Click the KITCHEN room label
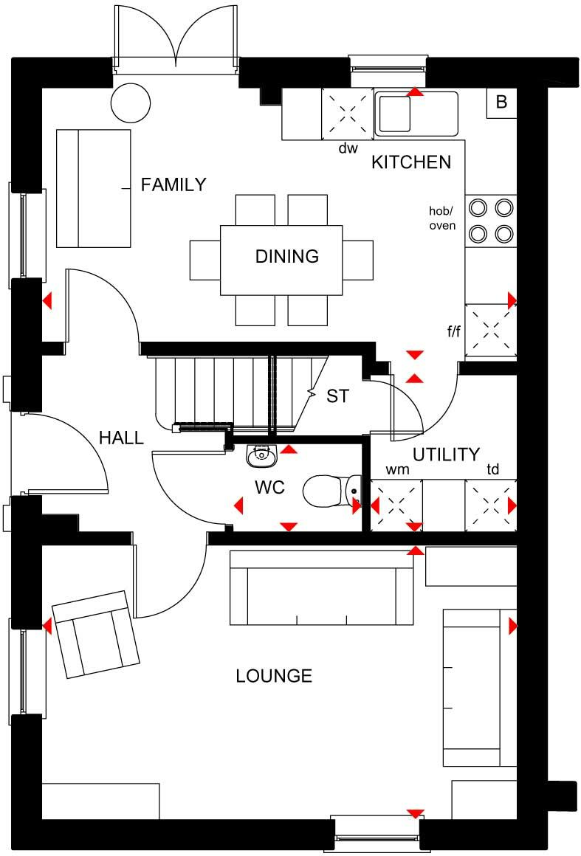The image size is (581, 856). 410,162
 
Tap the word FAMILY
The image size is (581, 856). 173,184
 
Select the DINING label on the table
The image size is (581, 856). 287,257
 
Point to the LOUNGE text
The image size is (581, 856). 274,676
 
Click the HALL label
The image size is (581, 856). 121,438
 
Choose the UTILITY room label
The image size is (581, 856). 446,455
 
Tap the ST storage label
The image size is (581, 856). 337,396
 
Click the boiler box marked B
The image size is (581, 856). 501,103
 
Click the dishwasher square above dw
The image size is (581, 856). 347,113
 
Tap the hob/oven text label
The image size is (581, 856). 443,218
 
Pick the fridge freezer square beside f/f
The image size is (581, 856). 490,331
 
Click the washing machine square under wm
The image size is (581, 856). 395,505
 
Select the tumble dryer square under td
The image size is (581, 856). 490,505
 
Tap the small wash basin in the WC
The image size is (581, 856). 260,456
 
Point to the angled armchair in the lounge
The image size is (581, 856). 96,634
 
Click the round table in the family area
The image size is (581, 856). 131,101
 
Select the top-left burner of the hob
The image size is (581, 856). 478,207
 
